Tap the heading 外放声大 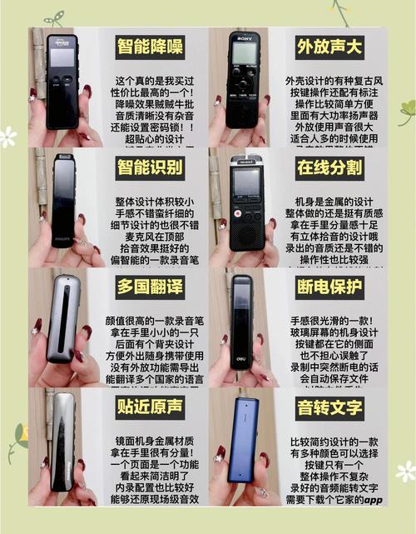click(330, 45)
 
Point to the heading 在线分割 click(330, 167)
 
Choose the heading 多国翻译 click(150, 288)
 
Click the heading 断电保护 click(330, 288)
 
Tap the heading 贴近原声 click(150, 407)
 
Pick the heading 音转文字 click(330, 407)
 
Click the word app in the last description click(372, 501)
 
